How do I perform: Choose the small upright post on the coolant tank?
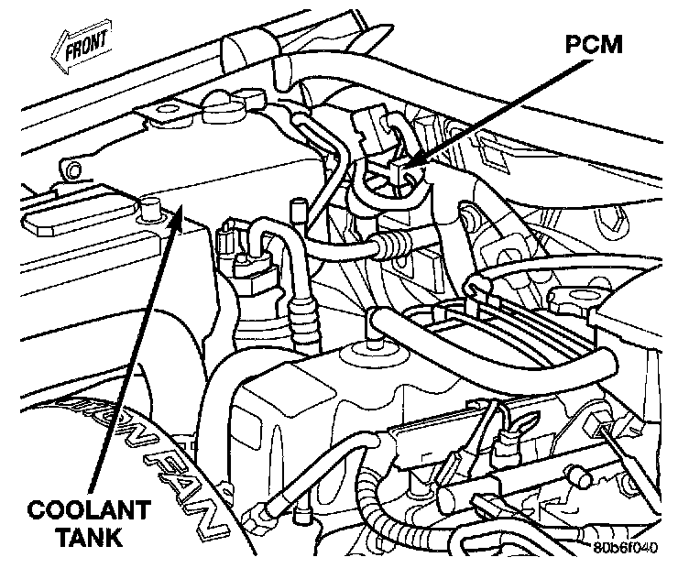295,208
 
